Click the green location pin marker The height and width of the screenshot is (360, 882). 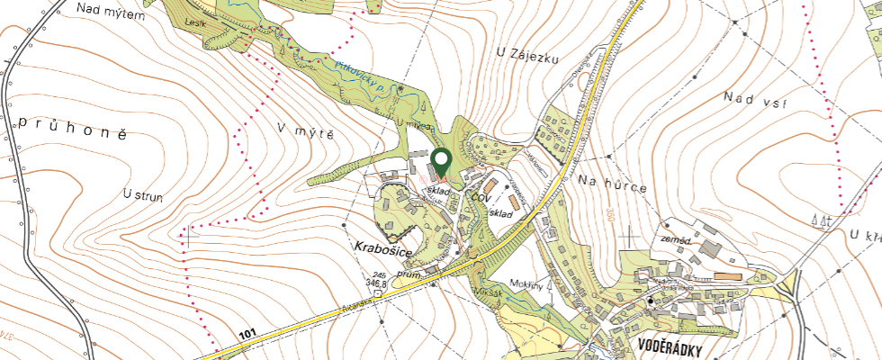click(441, 163)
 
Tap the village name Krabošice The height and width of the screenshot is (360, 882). click(381, 246)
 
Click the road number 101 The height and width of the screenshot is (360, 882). click(248, 335)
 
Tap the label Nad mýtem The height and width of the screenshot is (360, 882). click(112, 8)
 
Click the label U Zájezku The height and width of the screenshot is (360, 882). click(527, 54)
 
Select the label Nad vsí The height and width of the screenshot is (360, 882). click(754, 101)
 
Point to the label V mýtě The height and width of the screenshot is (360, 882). click(306, 131)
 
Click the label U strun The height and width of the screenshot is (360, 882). click(143, 193)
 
